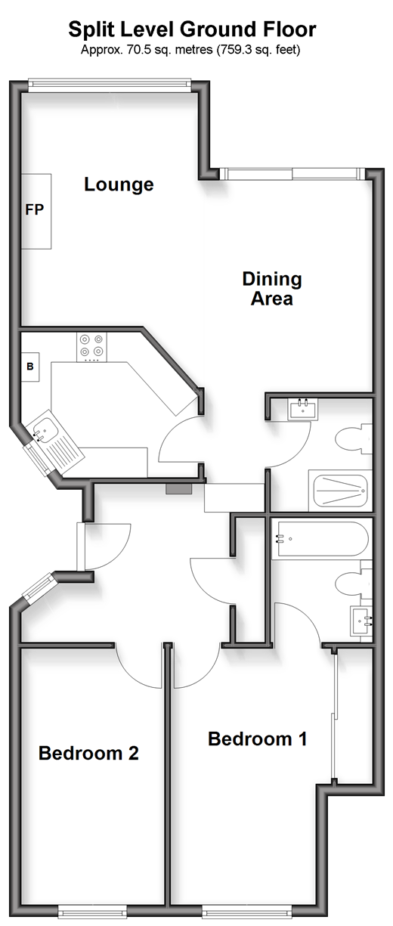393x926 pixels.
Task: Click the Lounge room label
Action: [x=119, y=184]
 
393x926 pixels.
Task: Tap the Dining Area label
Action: [x=272, y=289]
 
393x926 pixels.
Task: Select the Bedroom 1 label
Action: [x=258, y=739]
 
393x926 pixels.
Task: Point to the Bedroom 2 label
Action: [x=88, y=753]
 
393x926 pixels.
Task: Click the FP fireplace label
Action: [x=34, y=209]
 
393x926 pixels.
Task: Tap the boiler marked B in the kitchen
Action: [x=30, y=367]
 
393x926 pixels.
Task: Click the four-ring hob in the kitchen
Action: [x=91, y=347]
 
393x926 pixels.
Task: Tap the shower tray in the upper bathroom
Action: [x=340, y=491]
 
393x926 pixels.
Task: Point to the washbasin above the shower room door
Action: [x=304, y=410]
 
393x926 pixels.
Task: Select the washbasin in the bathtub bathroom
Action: [x=361, y=621]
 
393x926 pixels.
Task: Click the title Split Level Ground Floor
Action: [x=193, y=29]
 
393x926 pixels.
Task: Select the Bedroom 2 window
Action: [x=91, y=918]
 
